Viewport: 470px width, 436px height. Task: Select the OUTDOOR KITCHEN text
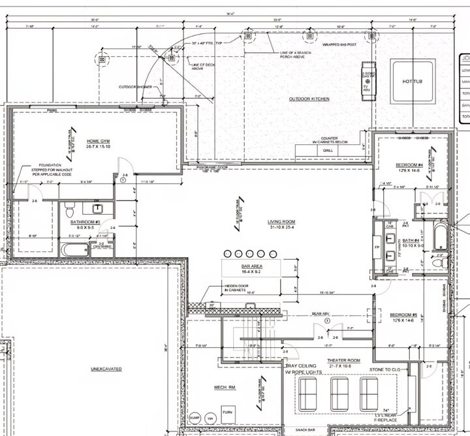coord(309,99)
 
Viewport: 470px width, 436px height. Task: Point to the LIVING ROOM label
coord(282,222)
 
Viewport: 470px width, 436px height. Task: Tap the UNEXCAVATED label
coord(106,369)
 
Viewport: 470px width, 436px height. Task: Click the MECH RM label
coord(225,387)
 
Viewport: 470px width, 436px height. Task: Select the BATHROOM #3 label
coord(85,222)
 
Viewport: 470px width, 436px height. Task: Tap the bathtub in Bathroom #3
coord(74,249)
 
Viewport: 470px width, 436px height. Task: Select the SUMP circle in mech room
coord(194,416)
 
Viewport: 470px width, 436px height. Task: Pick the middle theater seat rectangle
coord(340,394)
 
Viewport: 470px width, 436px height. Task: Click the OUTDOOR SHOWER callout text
coord(133,86)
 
